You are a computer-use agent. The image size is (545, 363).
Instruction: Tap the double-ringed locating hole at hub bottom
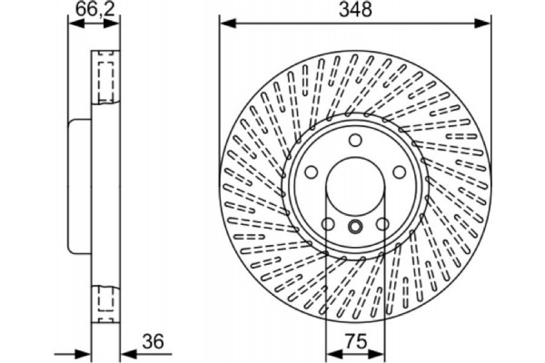coord(355,227)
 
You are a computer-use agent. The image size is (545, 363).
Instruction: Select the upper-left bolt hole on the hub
coord(310,172)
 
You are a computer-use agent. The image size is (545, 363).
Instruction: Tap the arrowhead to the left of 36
coord(85,354)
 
